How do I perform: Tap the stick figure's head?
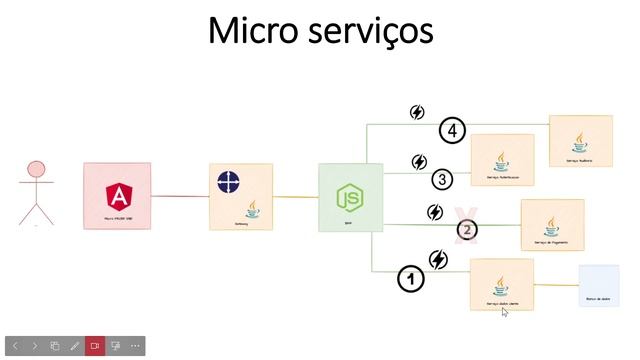tap(37, 170)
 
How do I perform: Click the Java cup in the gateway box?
tap(253, 209)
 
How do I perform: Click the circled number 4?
tap(453, 130)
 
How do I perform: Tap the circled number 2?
tap(466, 229)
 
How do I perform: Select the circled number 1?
tap(409, 279)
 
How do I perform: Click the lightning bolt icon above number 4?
tap(418, 113)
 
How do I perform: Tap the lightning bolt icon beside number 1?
tap(438, 260)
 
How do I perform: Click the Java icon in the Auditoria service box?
tap(579, 136)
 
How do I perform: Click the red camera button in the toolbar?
tap(95, 346)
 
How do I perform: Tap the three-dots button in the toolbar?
tap(135, 346)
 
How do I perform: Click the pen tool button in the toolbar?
tap(75, 346)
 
